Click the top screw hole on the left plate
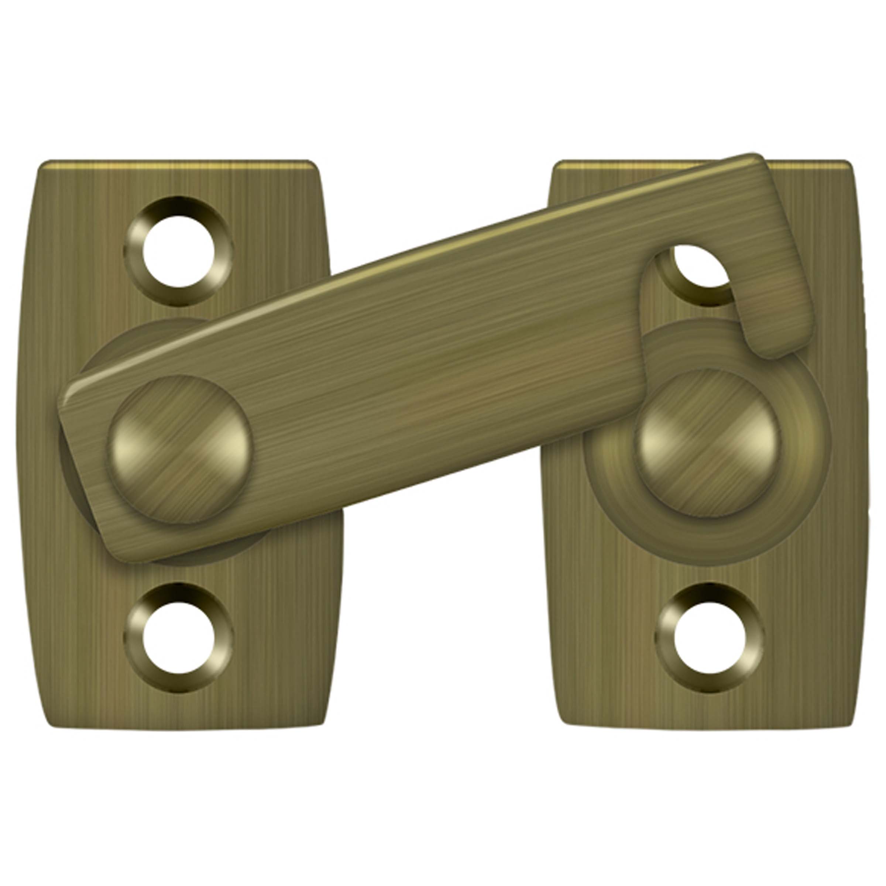point(179,252)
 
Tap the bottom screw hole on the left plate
point(179,638)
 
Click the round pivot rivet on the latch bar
point(180,449)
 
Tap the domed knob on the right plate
point(708,444)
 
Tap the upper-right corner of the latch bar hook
point(759,158)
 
